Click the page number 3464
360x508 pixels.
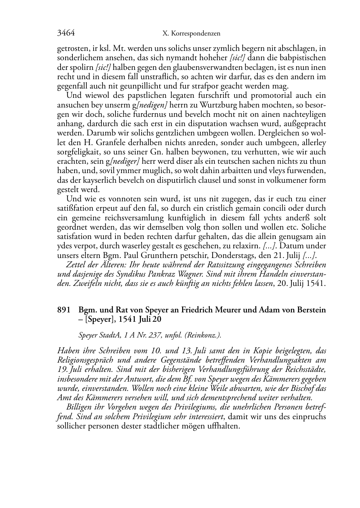tap(66, 33)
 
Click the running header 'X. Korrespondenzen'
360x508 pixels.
tap(191, 34)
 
